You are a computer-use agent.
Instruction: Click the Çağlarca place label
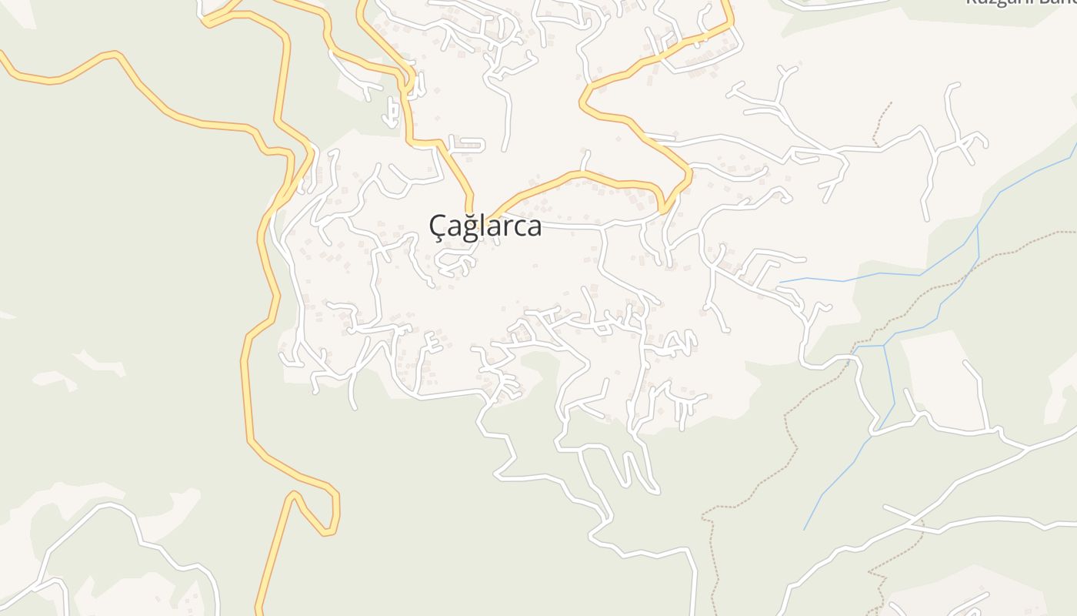tap(485, 226)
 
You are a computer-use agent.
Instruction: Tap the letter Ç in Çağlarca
tap(437, 226)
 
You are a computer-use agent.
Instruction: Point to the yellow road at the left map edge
tap(3, 56)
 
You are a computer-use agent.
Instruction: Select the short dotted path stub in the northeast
tap(882, 123)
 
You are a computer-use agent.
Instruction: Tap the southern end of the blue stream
tap(805, 529)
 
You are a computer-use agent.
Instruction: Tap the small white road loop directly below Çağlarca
tap(455, 264)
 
